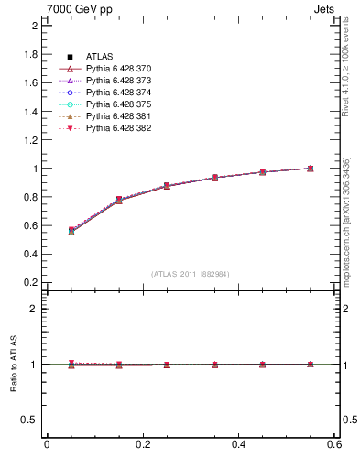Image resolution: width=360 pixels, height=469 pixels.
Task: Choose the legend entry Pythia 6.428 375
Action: (125, 104)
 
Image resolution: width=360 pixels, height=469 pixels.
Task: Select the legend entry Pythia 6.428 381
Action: (125, 116)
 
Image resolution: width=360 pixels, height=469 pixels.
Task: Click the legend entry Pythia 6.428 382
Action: (125, 128)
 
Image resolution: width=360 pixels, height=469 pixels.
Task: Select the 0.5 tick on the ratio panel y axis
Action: (29, 420)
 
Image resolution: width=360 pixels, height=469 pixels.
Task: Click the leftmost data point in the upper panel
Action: (71, 231)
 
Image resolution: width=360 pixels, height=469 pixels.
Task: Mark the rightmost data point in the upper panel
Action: (311, 169)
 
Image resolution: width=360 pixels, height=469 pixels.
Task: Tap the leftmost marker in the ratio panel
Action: (71, 364)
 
